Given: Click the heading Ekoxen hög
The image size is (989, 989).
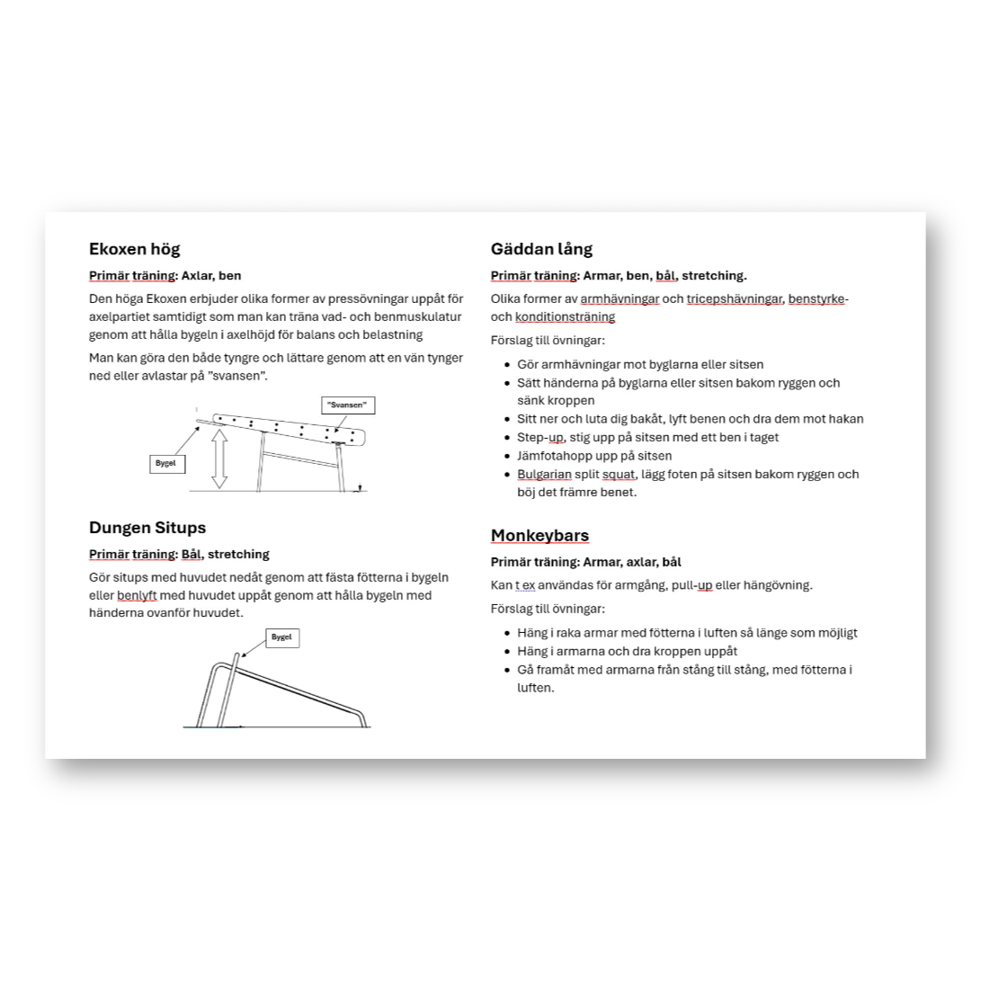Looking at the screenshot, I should pos(134,249).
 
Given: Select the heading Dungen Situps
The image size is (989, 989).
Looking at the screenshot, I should pos(147,528).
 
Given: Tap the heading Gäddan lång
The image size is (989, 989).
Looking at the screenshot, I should pos(541,249).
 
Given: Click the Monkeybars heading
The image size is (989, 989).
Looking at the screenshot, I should pos(539,536).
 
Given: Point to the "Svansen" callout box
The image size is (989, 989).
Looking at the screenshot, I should pos(347,405).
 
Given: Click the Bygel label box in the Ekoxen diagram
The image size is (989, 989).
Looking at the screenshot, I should pos(166,464).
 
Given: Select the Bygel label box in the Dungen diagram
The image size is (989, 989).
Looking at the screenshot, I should pos(281,637).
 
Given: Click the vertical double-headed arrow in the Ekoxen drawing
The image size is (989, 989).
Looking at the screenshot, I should pos(219,459).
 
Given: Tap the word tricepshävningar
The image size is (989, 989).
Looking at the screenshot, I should pos(735,299).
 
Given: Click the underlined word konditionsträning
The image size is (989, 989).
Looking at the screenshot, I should pos(565,316).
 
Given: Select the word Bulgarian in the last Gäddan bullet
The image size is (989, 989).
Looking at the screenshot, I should pos(544,474).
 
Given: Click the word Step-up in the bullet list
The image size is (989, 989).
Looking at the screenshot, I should pos(539,437).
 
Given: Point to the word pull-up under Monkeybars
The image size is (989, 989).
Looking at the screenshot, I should pos(691,585).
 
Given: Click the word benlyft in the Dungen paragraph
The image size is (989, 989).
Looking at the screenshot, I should pos(137,595).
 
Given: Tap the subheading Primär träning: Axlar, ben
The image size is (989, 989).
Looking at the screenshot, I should pos(165,276).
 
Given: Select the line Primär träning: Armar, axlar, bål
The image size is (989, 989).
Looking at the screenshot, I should pos(585,562).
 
